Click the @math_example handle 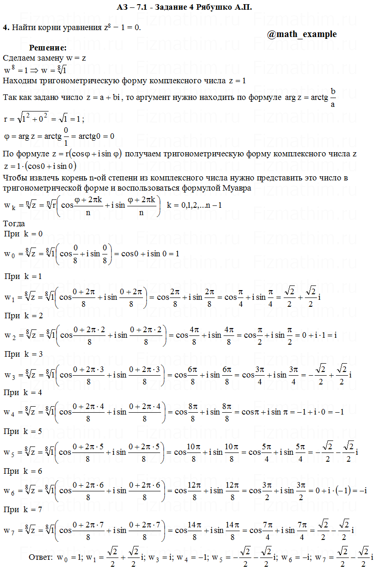click(302, 34)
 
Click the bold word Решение click(48, 48)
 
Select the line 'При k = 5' click(23, 431)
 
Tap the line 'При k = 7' click(23, 509)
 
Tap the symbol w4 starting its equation click(9, 412)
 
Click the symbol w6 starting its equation click(9, 490)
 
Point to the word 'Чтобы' click(14, 178)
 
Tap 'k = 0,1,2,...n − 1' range click(194, 205)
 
